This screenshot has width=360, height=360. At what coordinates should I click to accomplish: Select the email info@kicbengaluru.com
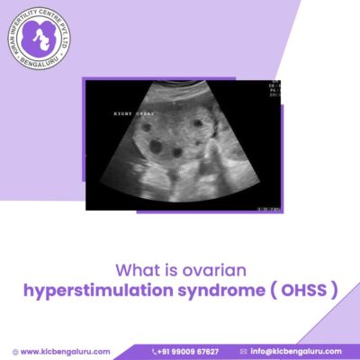pyautogui.click(x=297, y=350)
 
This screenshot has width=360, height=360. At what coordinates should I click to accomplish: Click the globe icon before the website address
pyautogui.click(x=14, y=350)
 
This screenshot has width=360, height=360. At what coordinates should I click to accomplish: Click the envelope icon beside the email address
pyautogui.click(x=243, y=350)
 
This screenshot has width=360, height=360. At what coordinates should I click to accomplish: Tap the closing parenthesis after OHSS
pyautogui.click(x=334, y=291)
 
